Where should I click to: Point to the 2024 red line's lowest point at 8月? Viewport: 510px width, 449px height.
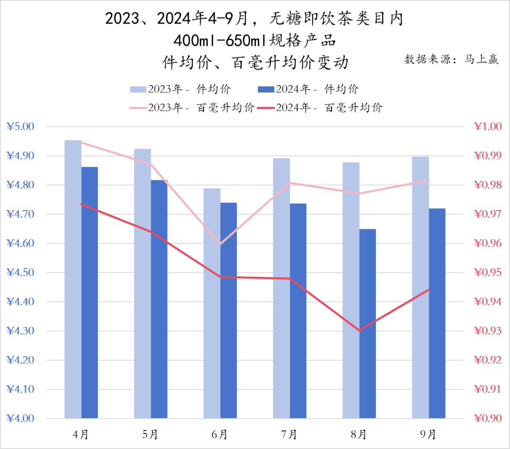[x=359, y=330]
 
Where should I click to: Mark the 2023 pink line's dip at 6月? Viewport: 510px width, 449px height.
[x=221, y=244]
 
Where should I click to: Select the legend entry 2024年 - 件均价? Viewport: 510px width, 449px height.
[x=316, y=89]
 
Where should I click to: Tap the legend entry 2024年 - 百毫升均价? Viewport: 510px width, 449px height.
[x=329, y=108]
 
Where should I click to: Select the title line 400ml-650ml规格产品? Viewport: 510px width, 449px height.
[x=255, y=41]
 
